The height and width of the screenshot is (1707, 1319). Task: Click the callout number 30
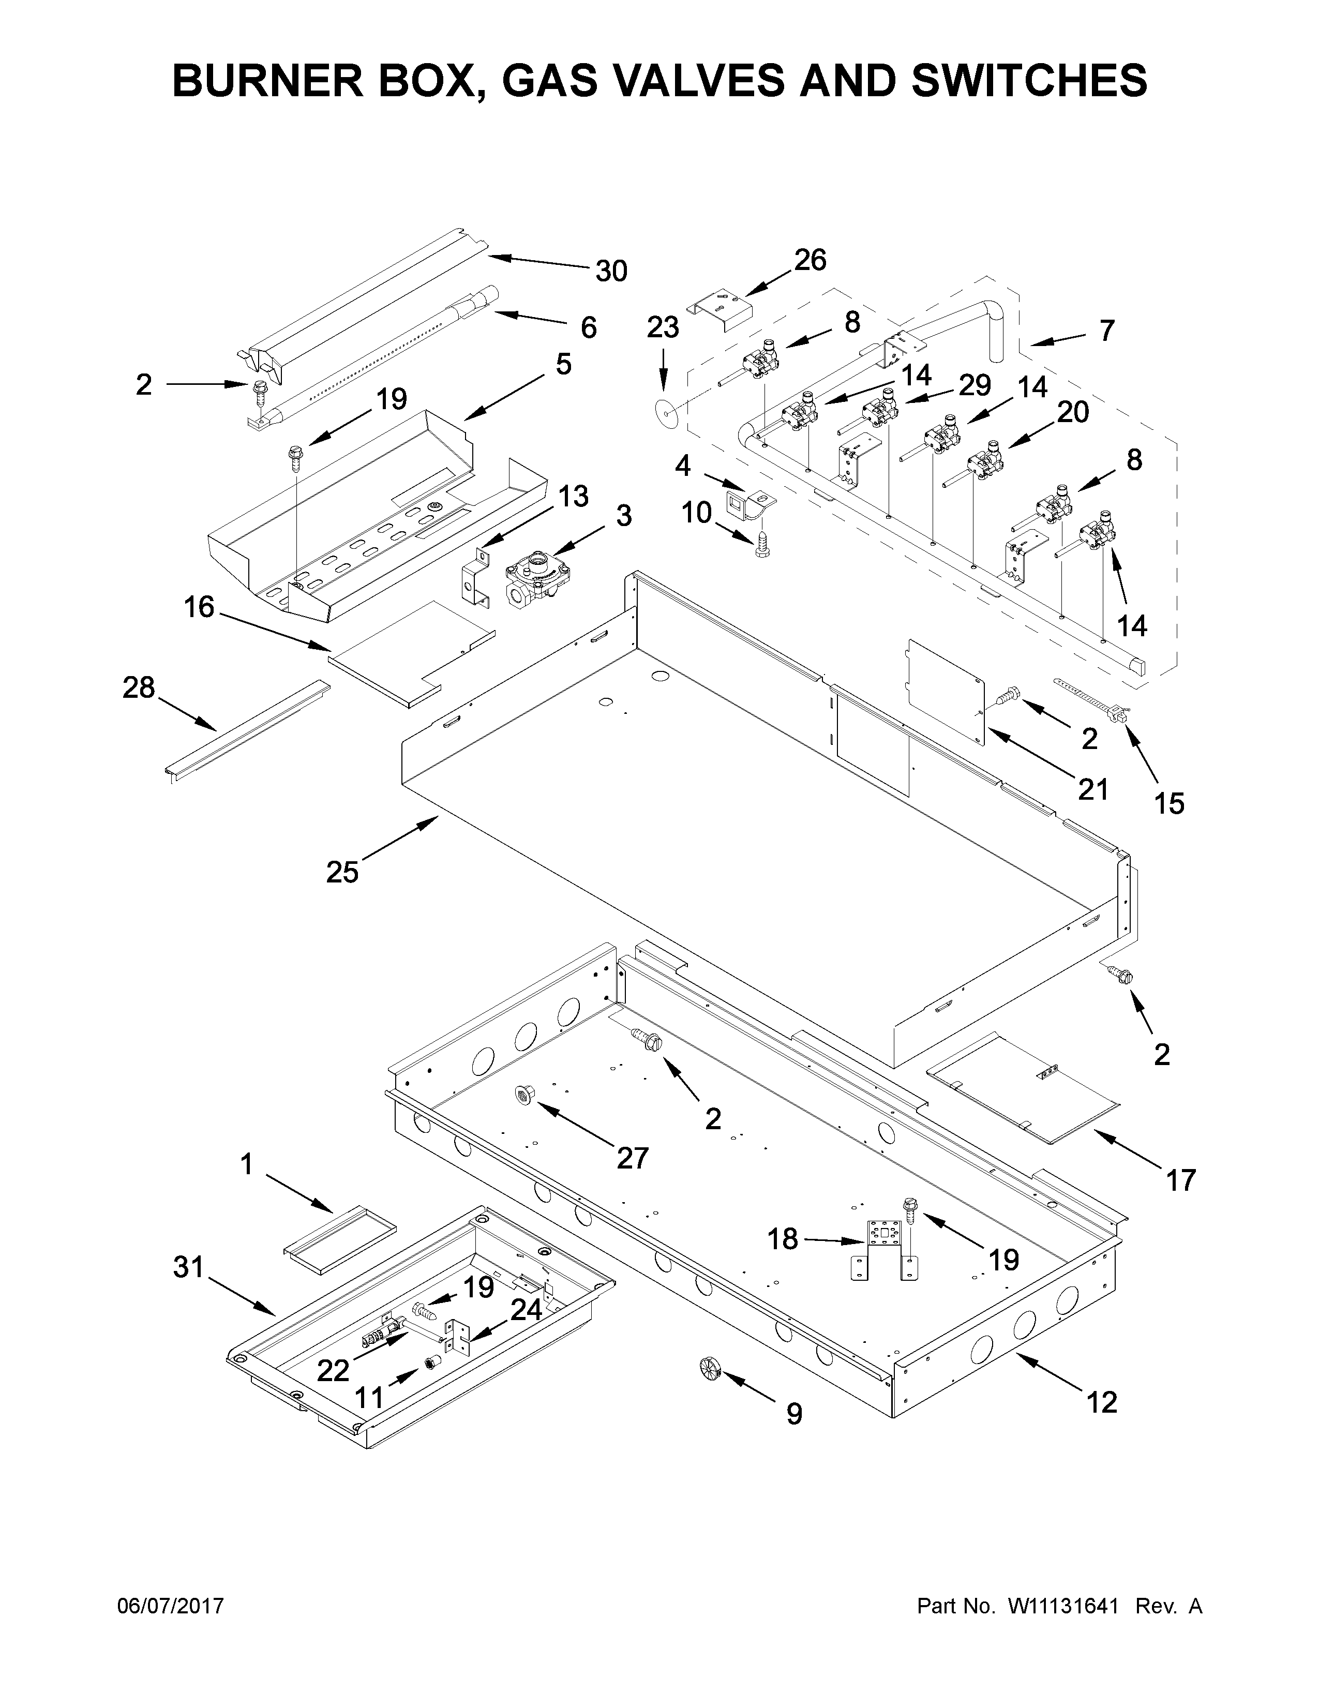pyautogui.click(x=611, y=271)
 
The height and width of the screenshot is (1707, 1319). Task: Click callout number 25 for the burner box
pyautogui.click(x=342, y=872)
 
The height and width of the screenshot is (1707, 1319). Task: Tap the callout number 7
pyautogui.click(x=1106, y=331)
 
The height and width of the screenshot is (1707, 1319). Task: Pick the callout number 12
pyautogui.click(x=1102, y=1402)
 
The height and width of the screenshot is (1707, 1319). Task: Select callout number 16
pyautogui.click(x=199, y=607)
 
